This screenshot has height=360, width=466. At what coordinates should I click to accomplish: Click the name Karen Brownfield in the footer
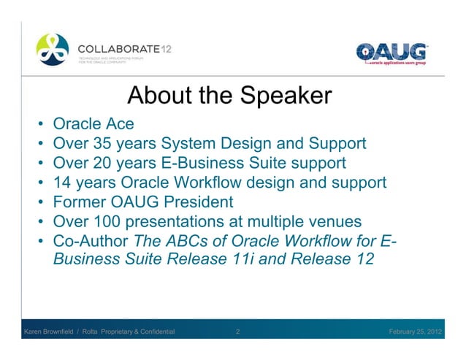[x=53, y=333]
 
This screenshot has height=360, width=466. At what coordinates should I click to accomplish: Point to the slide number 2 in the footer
[x=239, y=333]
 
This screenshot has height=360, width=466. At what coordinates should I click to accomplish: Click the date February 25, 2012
[x=414, y=333]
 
